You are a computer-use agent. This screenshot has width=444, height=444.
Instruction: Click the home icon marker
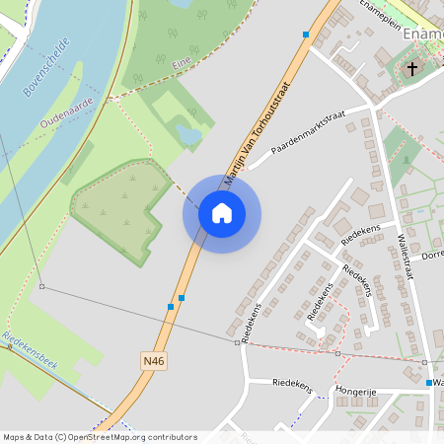pyautogui.click(x=221, y=213)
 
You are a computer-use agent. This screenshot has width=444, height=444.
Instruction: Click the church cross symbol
pyautogui.click(x=412, y=69)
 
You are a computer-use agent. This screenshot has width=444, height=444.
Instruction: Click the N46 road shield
pyautogui.click(x=153, y=362)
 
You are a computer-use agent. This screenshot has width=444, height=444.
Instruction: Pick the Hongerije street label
pyautogui.click(x=356, y=392)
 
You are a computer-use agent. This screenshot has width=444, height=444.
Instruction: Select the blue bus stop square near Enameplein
pyautogui.click(x=306, y=35)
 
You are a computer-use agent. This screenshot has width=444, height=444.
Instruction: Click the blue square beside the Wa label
pyautogui.click(x=428, y=382)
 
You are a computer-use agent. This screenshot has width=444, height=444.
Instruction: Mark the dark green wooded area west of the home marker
pyautogui.click(x=118, y=207)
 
